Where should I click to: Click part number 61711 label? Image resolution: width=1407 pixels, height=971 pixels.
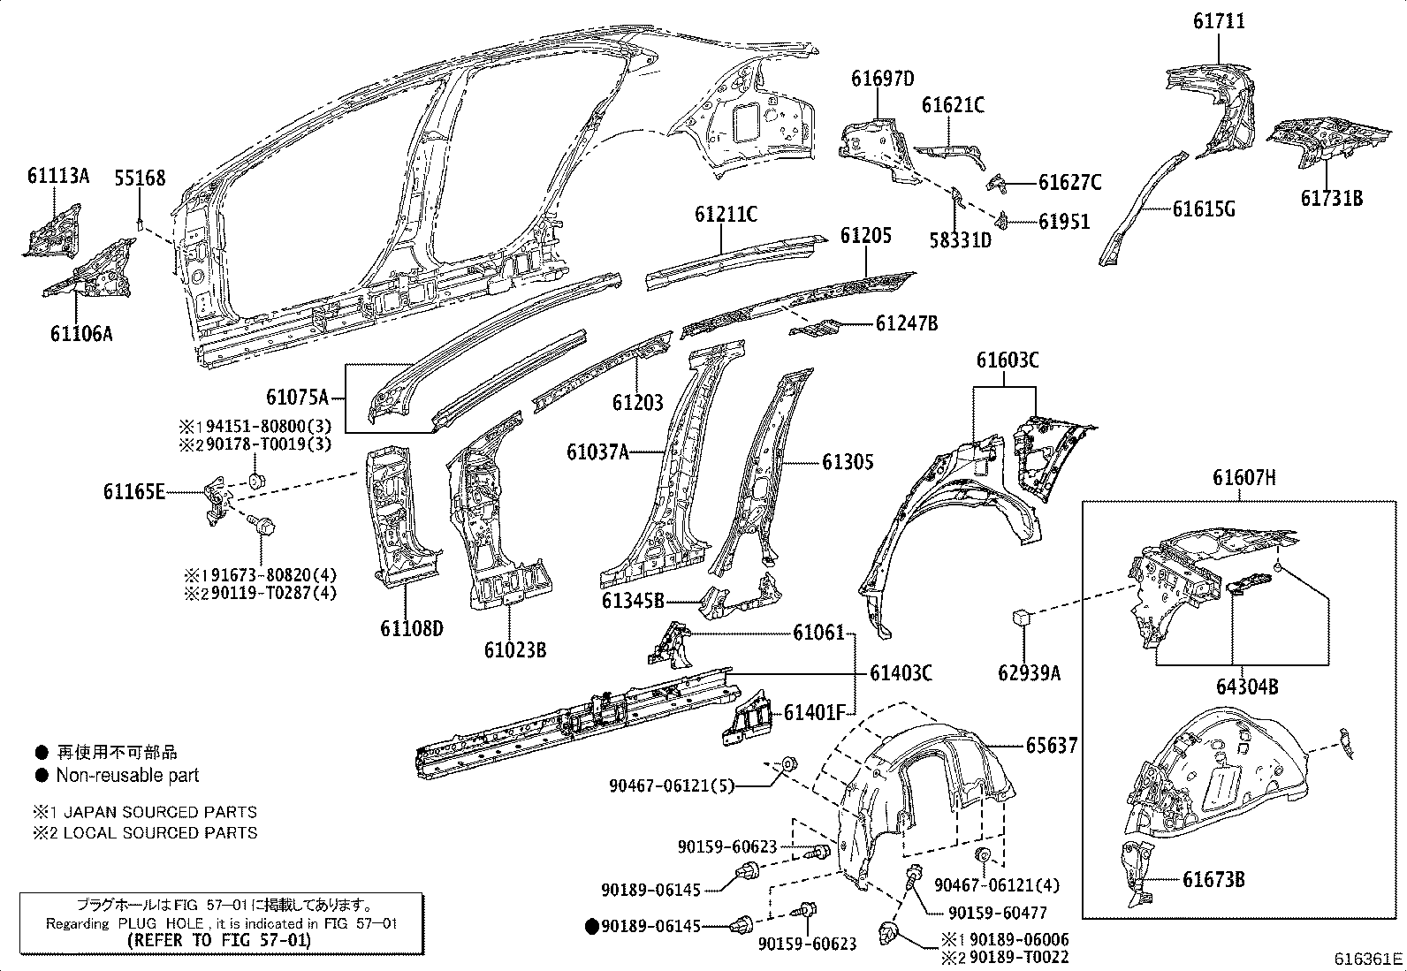1219,21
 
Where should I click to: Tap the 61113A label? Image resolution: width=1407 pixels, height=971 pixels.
58,175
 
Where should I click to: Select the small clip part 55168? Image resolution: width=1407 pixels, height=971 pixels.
140,220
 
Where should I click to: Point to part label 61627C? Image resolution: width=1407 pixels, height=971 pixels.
1069,183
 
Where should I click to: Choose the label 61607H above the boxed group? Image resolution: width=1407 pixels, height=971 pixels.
1243,478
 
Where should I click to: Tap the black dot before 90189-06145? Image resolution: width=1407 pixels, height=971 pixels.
591,926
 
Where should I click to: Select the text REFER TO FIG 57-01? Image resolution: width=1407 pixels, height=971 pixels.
219,940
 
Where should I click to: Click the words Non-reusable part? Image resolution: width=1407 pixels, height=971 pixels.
127,775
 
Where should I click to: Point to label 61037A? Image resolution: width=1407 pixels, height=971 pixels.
597,453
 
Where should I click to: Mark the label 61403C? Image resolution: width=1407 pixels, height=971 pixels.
901,673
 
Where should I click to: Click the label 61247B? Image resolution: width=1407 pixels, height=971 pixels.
907,323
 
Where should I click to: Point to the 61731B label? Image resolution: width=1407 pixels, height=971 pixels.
1331,198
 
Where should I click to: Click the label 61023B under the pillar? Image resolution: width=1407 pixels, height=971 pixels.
514,650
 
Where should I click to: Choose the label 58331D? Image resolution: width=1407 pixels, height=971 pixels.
960,239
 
